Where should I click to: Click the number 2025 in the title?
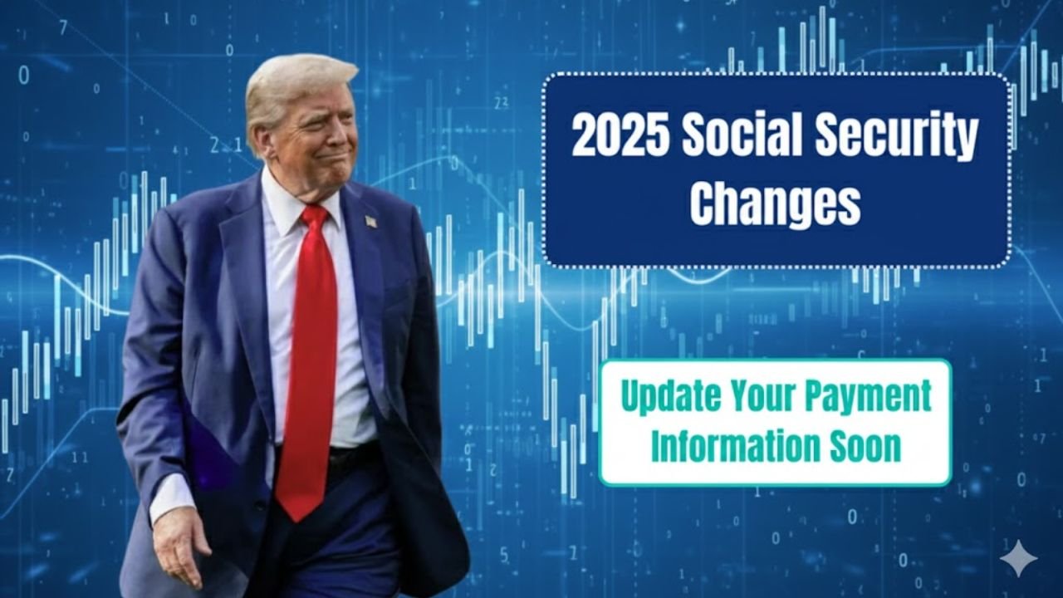tap(620, 138)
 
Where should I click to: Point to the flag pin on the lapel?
tap(370, 222)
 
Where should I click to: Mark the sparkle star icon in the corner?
tap(1017, 558)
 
